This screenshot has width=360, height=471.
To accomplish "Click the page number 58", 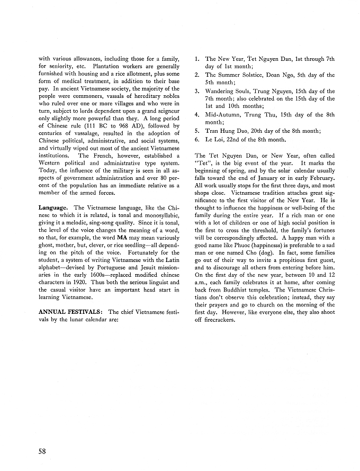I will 44,452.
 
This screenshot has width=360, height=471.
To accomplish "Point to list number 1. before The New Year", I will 197,59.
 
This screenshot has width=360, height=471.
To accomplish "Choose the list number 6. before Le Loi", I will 197,140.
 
